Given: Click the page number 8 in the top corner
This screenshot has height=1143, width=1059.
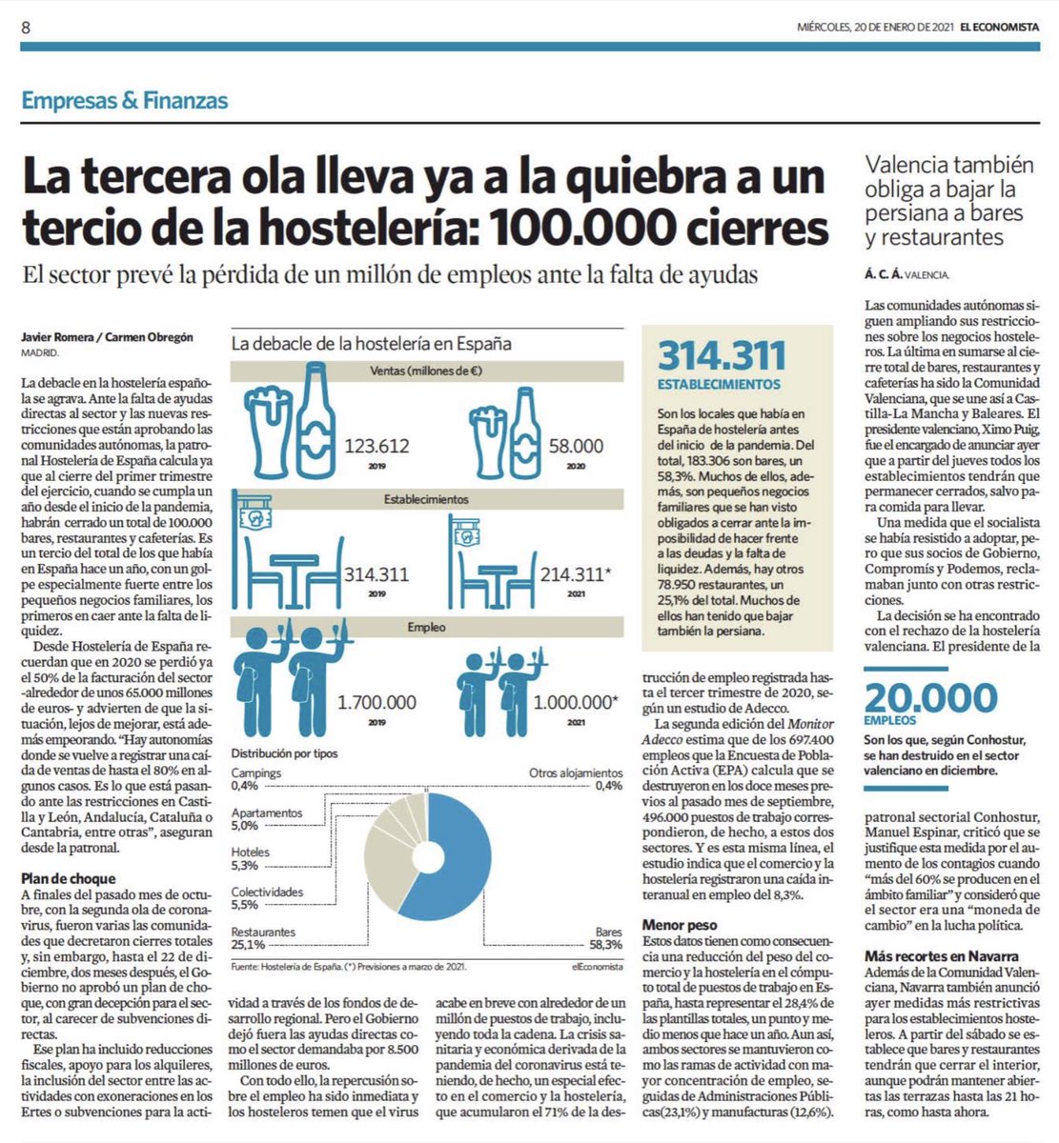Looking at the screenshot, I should [26, 28].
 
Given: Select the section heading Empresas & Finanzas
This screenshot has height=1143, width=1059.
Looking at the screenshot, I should [125, 100].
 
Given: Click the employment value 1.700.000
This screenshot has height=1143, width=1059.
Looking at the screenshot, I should [377, 702].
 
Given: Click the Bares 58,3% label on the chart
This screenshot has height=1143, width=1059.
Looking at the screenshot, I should [607, 939].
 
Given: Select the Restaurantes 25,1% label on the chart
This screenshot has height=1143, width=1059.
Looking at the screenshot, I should [262, 939].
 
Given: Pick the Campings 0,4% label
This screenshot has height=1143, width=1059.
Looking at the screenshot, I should [255, 779].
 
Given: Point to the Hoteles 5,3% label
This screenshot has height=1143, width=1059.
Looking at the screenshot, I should [250, 859].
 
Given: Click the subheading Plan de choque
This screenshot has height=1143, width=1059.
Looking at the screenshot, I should [68, 878].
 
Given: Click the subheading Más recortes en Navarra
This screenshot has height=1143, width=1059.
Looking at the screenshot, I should [942, 955].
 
